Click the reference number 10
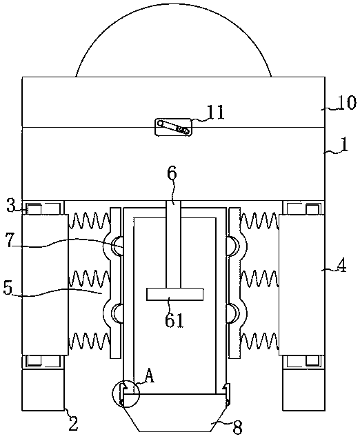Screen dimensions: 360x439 point(347,103)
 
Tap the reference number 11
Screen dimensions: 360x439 point(216,113)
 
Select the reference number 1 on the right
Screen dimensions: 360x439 point(345,145)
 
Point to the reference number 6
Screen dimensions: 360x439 point(172,173)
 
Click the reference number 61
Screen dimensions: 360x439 point(174,320)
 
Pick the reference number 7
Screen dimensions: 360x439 point(10,242)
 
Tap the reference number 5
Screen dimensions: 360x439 point(8,288)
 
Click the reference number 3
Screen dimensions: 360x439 point(11,206)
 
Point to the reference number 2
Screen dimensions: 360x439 point(73,424)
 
